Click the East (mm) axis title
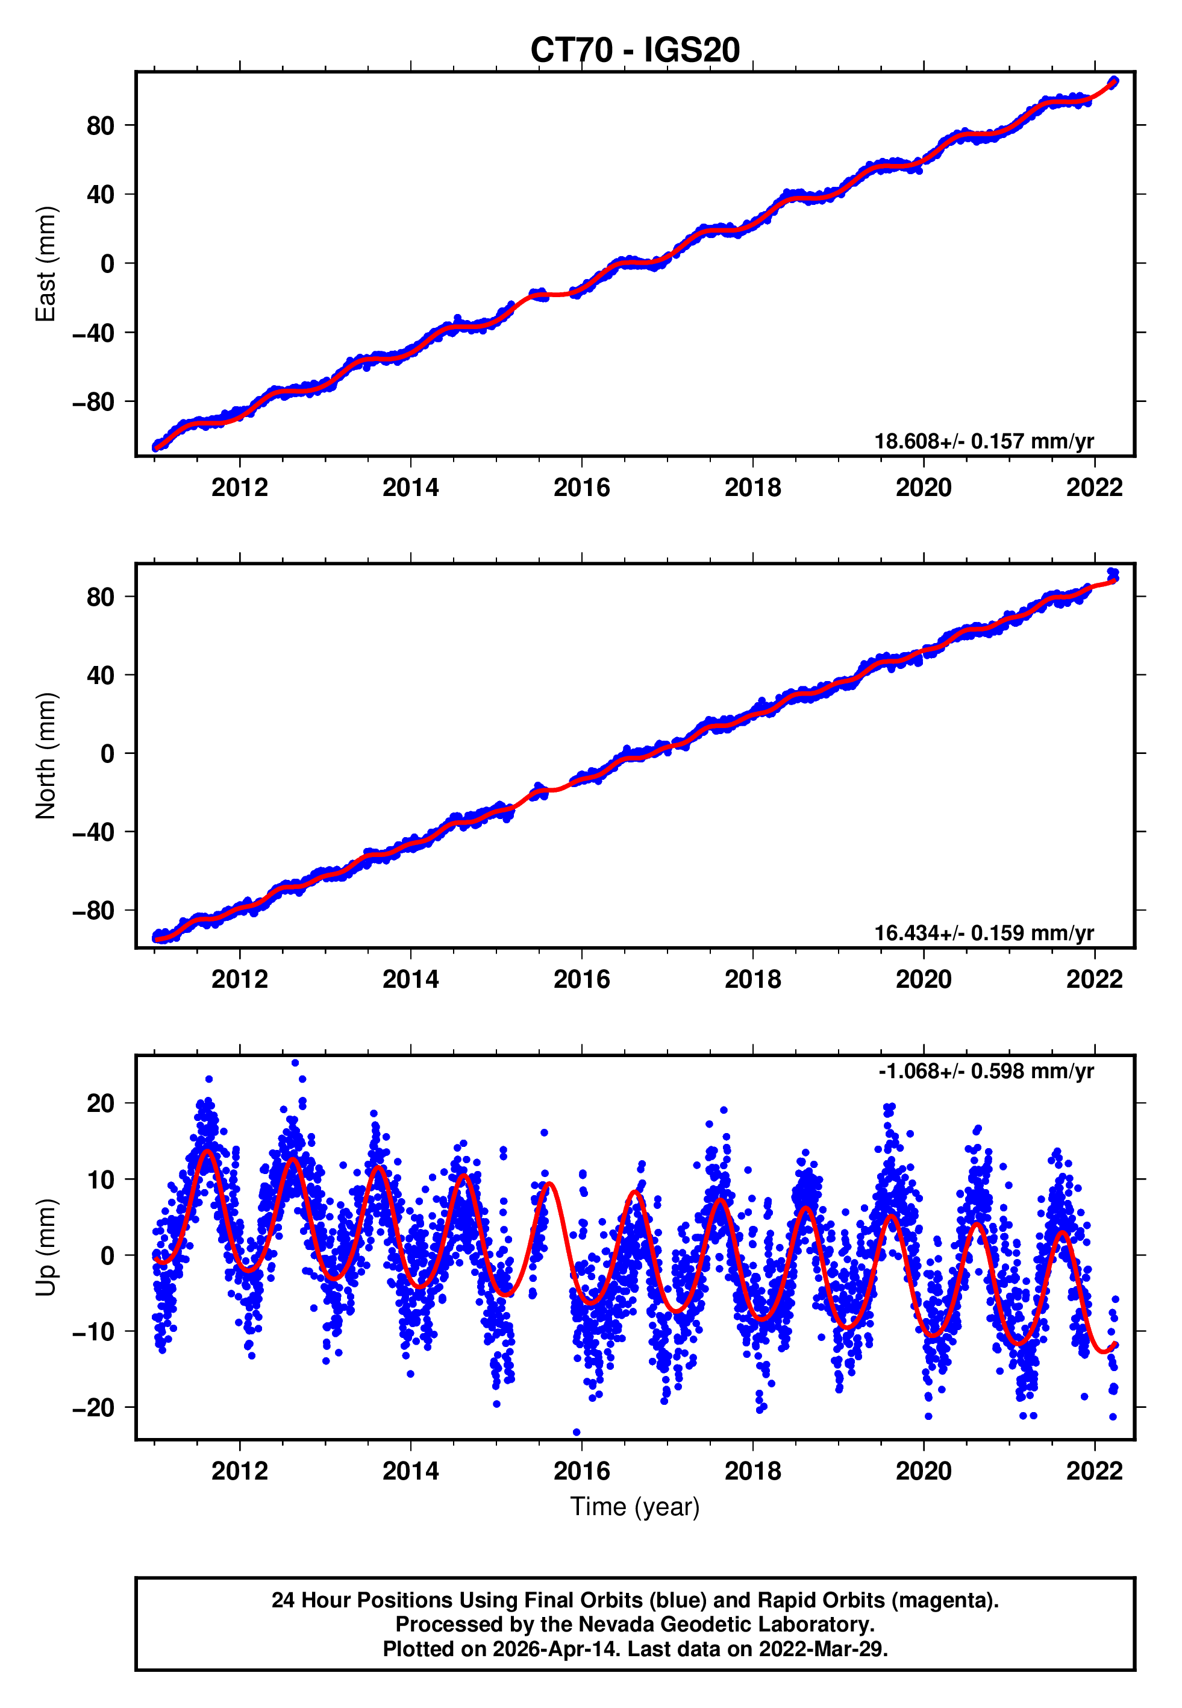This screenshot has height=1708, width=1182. (46, 264)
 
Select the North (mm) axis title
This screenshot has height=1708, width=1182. (46, 756)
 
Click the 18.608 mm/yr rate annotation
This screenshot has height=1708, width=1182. (984, 441)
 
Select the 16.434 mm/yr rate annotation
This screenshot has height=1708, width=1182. (984, 933)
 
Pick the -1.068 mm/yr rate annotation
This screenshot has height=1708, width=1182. (986, 1071)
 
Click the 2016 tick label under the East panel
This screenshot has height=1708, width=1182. (581, 488)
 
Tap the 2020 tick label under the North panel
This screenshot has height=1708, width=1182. (924, 979)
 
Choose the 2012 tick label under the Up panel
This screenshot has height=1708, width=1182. (239, 1471)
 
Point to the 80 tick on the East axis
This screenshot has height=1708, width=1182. (101, 126)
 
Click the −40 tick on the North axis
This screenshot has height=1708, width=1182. (93, 832)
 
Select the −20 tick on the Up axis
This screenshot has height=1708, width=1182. (93, 1408)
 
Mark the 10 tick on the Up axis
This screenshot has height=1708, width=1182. (101, 1180)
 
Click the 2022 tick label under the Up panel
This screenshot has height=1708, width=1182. (1094, 1471)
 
